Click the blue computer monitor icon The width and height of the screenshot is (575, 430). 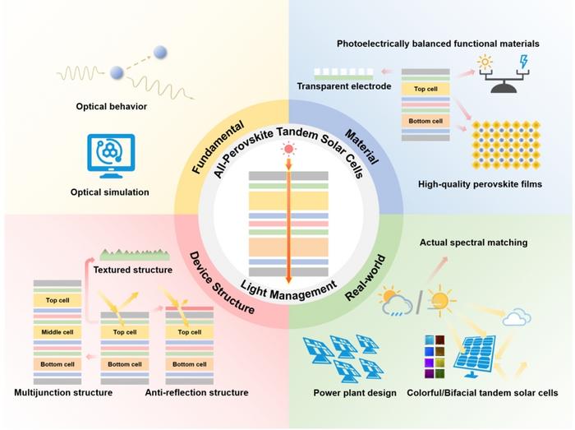tap(111, 156)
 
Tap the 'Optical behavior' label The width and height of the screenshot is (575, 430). tap(112, 106)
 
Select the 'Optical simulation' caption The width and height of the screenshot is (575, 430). tap(109, 192)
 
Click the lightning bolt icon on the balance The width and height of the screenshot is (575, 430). tap(524, 62)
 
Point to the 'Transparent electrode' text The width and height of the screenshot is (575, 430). tap(344, 86)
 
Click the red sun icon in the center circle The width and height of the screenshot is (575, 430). tap(288, 149)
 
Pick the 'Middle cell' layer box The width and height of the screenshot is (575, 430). tap(57, 332)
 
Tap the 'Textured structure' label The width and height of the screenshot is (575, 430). tap(133, 270)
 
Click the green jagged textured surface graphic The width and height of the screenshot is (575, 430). tap(135, 255)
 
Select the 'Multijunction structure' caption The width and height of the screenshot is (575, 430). tap(63, 392)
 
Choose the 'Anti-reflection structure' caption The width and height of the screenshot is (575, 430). tap(196, 392)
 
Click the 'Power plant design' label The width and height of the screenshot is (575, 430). tap(355, 393)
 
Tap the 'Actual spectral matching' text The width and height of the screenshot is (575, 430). tap(473, 243)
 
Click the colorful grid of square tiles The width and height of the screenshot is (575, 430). tap(435, 357)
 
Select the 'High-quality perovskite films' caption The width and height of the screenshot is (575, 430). tap(480, 184)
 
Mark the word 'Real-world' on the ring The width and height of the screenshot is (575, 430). tap(366, 278)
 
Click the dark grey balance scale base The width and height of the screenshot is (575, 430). tap(504, 88)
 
